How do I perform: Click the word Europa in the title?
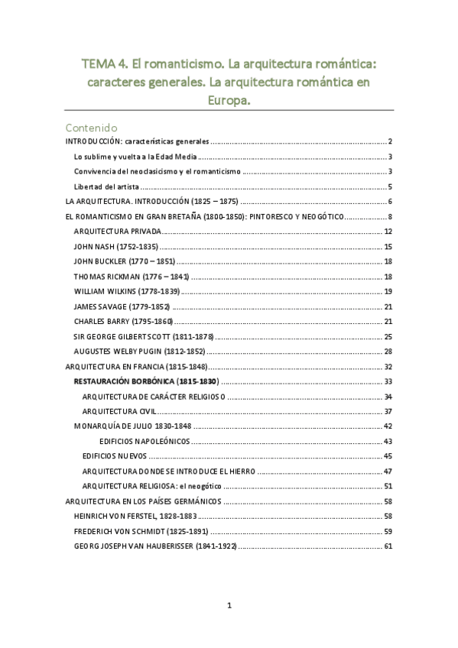tap(229, 99)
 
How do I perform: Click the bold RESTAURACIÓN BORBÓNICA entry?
tap(145, 381)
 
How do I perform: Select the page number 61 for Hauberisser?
tap(388, 546)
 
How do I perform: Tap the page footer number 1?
tap(229, 606)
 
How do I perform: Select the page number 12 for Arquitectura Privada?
tap(388, 232)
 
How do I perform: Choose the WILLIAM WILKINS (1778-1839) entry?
tap(127, 291)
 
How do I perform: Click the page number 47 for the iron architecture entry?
tap(388, 471)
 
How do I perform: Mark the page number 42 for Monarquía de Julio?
tap(388, 426)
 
